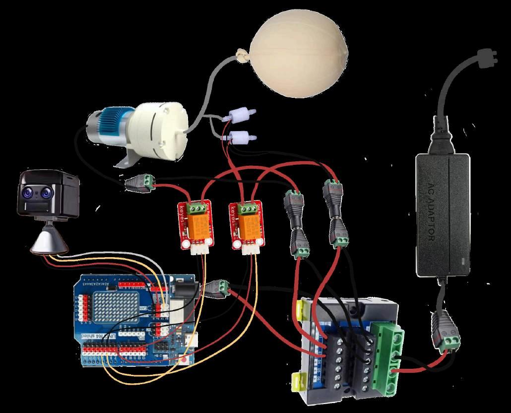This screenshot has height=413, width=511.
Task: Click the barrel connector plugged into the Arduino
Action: (218, 288)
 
